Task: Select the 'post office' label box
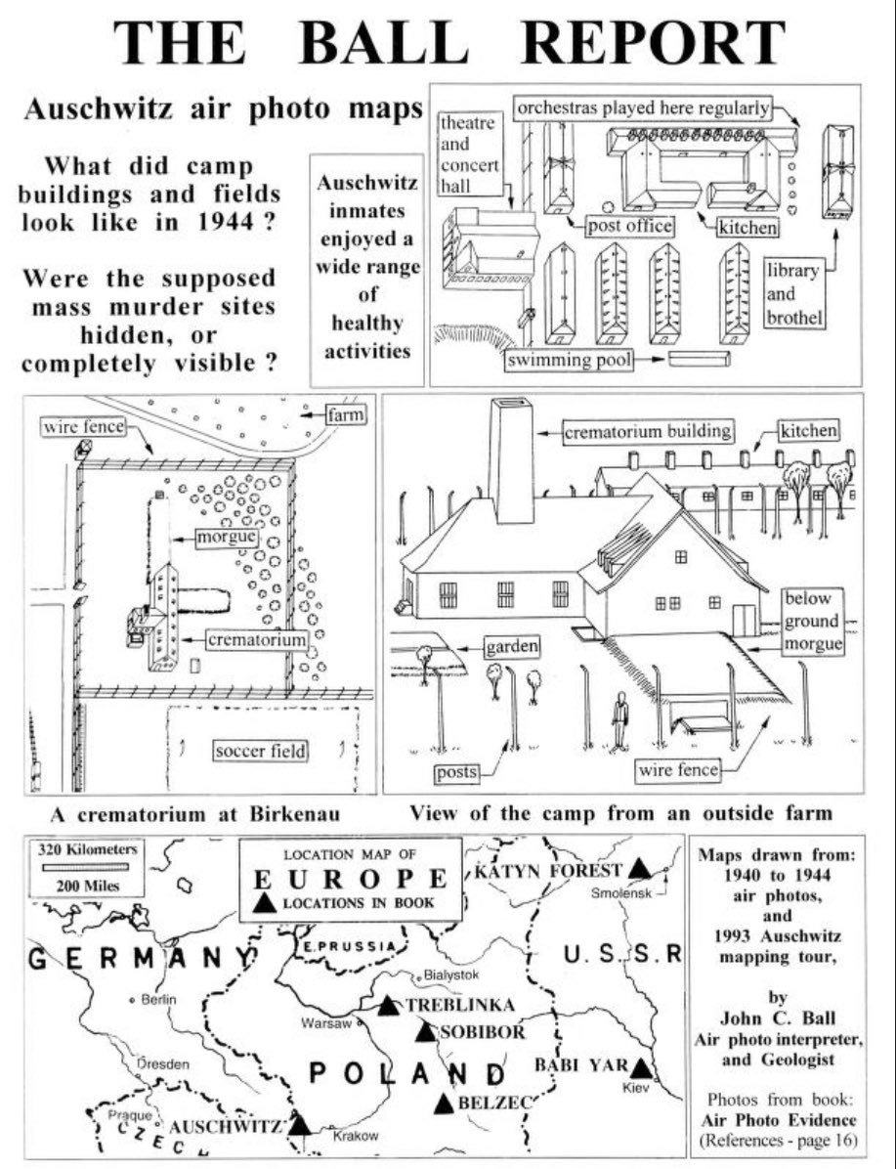pos(630,227)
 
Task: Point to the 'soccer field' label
pos(261,751)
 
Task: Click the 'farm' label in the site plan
pos(348,415)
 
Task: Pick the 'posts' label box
pos(457,772)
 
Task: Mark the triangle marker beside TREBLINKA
pos(388,1004)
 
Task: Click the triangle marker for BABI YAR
pos(641,1066)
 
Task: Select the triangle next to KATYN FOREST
pos(639,867)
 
